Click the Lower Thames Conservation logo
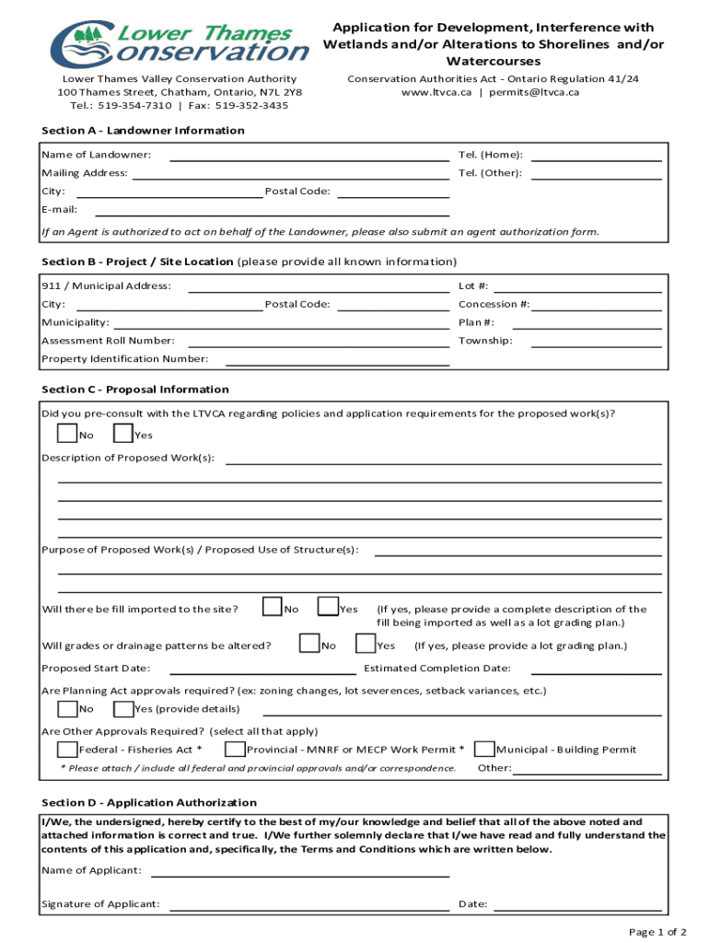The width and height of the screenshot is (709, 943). click(180, 43)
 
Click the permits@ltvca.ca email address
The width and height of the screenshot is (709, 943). click(533, 92)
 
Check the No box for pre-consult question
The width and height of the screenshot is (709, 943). click(67, 434)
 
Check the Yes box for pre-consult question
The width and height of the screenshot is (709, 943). click(122, 434)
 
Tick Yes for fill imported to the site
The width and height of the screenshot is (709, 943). click(327, 607)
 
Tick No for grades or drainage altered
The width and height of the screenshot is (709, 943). click(309, 644)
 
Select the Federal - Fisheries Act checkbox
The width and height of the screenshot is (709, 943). click(67, 749)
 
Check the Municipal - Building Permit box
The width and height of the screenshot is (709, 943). click(485, 749)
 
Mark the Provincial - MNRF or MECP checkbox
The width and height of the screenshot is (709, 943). click(235, 749)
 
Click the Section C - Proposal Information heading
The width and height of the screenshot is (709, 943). click(135, 390)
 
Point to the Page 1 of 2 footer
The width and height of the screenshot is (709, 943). click(657, 932)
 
